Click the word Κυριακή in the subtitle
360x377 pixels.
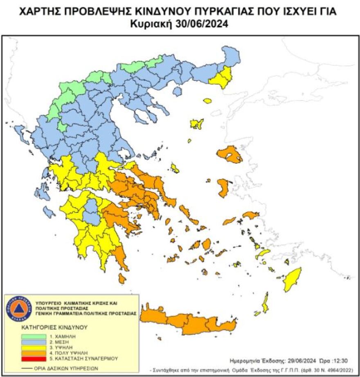[151, 24]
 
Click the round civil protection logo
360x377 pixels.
[19, 308]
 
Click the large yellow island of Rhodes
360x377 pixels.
[293, 279]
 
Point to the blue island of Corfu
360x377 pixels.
[20, 133]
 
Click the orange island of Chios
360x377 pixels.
[223, 188]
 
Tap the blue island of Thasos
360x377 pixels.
[177, 92]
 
